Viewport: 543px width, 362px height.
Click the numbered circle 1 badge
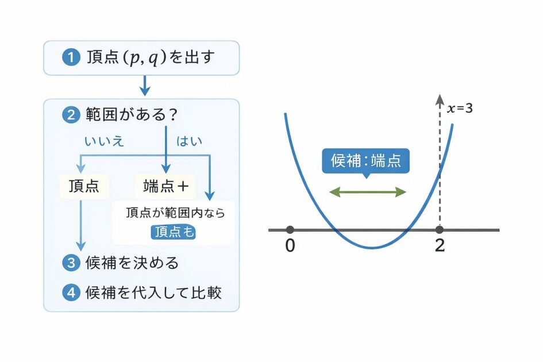click(71, 57)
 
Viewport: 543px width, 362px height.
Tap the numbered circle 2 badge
click(71, 115)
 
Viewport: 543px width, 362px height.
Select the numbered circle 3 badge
click(71, 263)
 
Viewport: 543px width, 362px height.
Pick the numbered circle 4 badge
click(71, 292)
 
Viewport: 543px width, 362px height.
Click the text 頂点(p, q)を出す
click(152, 57)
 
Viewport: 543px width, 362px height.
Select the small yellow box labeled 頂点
click(84, 186)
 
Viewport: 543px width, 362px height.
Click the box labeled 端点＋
click(165, 186)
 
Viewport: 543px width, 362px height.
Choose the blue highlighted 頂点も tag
click(173, 232)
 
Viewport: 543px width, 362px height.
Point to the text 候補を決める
click(132, 263)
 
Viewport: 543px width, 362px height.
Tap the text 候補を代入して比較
click(153, 292)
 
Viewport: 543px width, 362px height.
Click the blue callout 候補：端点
click(365, 161)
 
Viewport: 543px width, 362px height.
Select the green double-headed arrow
click(367, 192)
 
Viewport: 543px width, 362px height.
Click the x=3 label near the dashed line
click(460, 107)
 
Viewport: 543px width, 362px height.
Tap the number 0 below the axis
click(290, 245)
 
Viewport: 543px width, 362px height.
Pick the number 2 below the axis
click(440, 245)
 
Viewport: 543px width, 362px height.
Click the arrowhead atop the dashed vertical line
click(440, 99)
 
